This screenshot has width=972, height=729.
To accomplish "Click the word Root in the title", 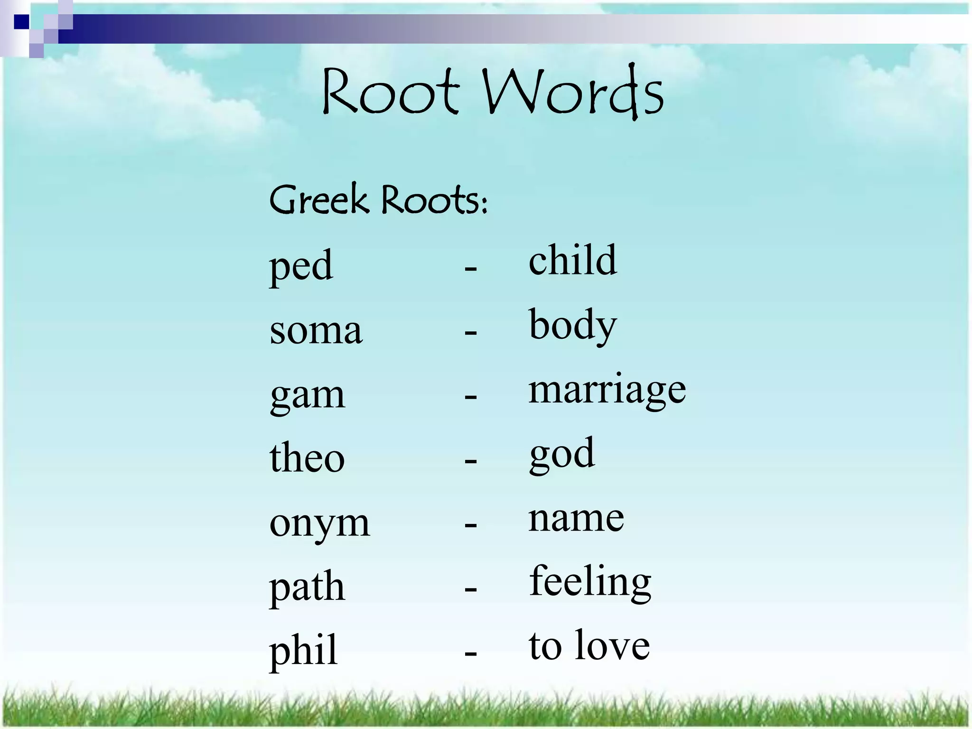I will (390, 91).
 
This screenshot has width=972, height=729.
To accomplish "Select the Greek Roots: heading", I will (378, 199).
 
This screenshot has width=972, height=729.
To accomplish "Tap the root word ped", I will (301, 266).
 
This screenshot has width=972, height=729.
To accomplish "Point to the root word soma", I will (316, 330).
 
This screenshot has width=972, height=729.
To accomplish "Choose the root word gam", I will (307, 395).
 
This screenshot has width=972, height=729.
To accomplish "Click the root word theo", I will (307, 458).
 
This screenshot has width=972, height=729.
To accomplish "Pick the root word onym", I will (319, 524).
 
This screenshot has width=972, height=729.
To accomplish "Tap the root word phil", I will (303, 651).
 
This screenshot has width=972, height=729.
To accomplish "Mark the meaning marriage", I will (607, 390).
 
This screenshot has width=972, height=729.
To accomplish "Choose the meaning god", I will (562, 454).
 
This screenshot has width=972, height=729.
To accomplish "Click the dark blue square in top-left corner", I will (21, 22).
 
